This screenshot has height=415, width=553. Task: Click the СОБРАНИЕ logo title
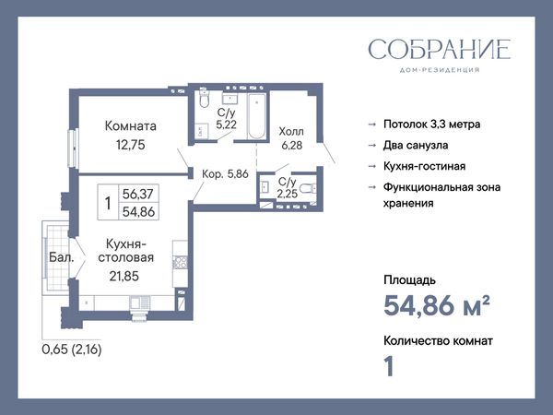click(440, 50)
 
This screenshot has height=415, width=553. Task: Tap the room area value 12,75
click(131, 145)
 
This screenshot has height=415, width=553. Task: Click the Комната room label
click(131, 126)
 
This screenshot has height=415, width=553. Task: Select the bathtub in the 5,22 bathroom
click(257, 116)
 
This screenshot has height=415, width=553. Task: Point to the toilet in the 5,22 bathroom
click(204, 98)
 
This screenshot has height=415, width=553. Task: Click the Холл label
click(291, 132)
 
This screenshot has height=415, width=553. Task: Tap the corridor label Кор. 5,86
click(225, 174)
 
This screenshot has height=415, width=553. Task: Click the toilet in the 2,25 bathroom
click(309, 188)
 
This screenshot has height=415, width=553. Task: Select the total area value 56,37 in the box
click(138, 194)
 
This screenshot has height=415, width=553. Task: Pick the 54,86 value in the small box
click(138, 212)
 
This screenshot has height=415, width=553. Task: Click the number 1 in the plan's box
click(108, 203)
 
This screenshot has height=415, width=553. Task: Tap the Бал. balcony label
click(62, 257)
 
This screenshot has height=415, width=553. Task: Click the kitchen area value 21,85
click(124, 276)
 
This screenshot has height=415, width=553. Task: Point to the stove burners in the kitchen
click(181, 262)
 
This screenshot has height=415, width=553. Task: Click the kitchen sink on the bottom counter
click(140, 302)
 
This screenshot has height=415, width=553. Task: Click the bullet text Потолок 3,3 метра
click(431, 125)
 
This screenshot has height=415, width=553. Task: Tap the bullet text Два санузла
click(416, 145)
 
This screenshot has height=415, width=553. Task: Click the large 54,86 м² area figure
click(437, 305)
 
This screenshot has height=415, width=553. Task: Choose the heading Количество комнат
click(438, 341)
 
